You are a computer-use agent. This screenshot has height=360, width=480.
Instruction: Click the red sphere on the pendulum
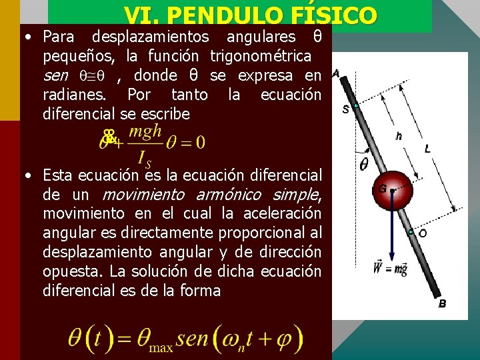[392, 190]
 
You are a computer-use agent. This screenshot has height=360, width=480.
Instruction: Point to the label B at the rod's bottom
[442, 304]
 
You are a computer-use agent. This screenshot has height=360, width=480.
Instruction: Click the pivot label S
[345, 109]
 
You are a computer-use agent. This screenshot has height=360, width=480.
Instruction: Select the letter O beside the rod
[422, 233]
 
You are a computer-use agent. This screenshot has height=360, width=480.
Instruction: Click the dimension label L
[427, 149]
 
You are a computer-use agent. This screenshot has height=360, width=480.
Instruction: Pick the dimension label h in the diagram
[399, 136]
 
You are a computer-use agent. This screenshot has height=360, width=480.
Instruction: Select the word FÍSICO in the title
[338, 15]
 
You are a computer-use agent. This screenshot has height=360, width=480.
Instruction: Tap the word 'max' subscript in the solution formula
[161, 347]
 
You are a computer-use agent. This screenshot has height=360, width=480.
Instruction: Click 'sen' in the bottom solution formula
[193, 339]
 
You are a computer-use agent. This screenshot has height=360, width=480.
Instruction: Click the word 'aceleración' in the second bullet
[287, 213]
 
